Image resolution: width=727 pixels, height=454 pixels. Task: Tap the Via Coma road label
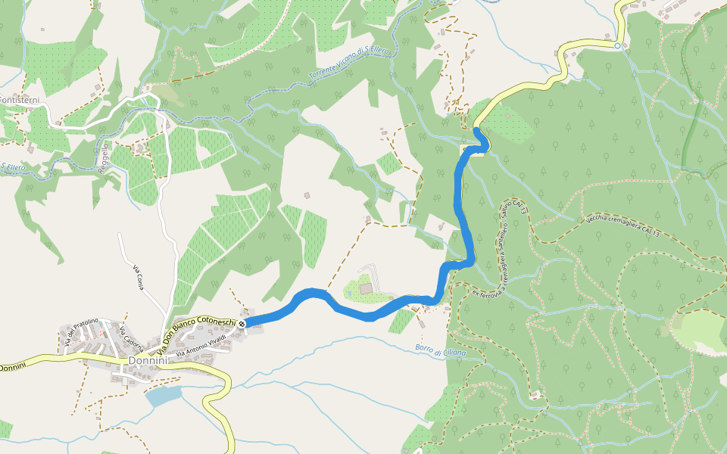point(138,278)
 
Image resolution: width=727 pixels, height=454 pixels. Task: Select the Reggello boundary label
point(103,158)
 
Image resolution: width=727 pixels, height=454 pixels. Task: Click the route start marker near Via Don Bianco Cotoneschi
point(242,324)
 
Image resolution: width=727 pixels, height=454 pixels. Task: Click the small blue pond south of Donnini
point(164,395)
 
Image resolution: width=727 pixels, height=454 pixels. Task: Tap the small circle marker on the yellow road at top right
point(617,46)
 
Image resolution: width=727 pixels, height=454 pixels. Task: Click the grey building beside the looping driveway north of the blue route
point(367,288)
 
